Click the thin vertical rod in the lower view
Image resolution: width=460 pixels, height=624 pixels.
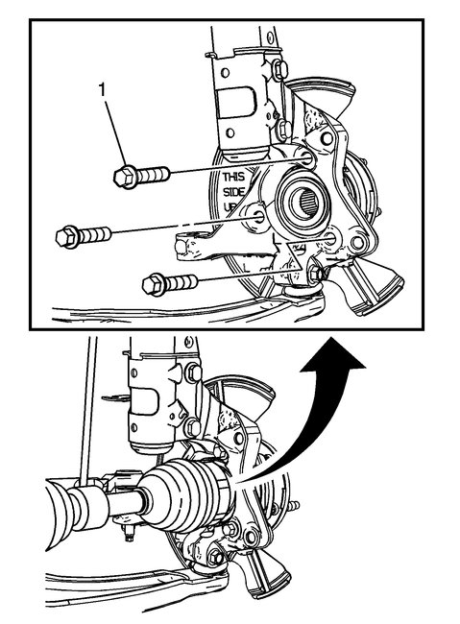click(85, 403)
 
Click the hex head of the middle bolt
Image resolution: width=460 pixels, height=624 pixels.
click(67, 233)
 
